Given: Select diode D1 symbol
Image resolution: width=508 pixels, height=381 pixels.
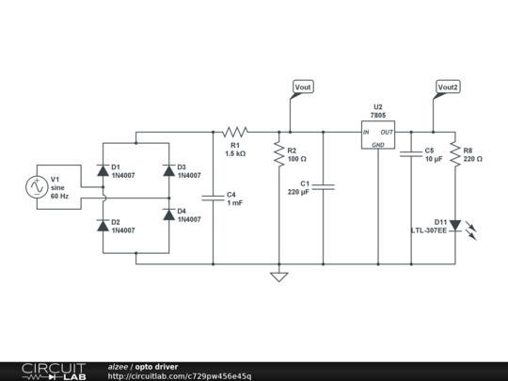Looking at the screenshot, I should pyautogui.click(x=102, y=170).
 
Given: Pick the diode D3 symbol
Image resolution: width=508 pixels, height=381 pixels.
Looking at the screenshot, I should pyautogui.click(x=169, y=170).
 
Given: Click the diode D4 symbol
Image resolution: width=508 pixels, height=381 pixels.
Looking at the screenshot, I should pyautogui.click(x=169, y=214).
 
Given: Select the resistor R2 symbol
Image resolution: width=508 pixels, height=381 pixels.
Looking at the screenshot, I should pyautogui.click(x=278, y=153).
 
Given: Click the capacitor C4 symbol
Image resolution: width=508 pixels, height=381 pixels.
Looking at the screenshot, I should pyautogui.click(x=213, y=198).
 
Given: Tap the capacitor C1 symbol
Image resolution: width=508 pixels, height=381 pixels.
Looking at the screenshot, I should pyautogui.click(x=323, y=187).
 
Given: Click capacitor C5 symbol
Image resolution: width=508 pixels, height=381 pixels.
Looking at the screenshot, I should pyautogui.click(x=410, y=153).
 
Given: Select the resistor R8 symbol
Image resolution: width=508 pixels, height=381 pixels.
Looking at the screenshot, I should pyautogui.click(x=455, y=153).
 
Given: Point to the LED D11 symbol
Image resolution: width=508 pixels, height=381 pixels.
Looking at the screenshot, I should pyautogui.click(x=455, y=225).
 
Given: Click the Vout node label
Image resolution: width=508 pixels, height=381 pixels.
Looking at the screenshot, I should pyautogui.click(x=303, y=87).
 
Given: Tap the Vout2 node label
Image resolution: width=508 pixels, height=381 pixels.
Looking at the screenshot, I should pyautogui.click(x=449, y=87).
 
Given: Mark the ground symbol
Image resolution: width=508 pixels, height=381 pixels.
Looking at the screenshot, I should pyautogui.click(x=278, y=277).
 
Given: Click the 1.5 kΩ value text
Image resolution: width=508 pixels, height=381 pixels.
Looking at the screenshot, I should pyautogui.click(x=235, y=152).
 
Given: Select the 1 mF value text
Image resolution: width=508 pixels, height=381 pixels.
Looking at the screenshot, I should pyautogui.click(x=235, y=203).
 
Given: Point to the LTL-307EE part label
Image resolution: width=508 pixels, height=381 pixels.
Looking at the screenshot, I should pyautogui.click(x=428, y=230).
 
